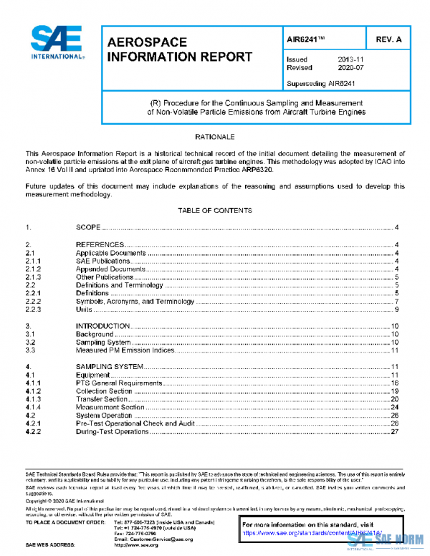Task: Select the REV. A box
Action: (388, 39)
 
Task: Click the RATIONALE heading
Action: (214, 135)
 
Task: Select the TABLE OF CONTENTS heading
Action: (214, 211)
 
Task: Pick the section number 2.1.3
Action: (34, 277)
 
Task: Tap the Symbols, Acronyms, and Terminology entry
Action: (135, 301)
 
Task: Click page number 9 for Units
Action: (396, 309)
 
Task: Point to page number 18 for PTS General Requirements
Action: (394, 383)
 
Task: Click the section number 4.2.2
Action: (34, 431)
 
